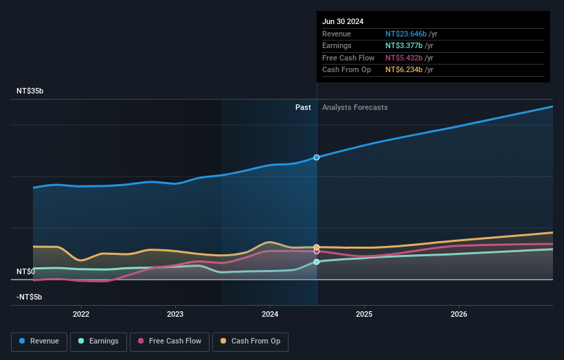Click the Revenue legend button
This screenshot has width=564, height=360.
(39, 341)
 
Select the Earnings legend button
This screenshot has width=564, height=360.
(98, 341)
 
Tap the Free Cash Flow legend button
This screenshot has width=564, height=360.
(170, 341)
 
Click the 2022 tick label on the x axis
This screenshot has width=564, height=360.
(81, 314)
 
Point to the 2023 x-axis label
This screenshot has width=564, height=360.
(175, 314)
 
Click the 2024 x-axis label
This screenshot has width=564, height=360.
(270, 314)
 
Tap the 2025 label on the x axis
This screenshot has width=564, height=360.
(364, 314)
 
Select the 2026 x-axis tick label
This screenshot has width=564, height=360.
(459, 314)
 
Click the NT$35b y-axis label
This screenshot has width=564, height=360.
(30, 91)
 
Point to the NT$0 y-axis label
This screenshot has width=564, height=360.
(25, 271)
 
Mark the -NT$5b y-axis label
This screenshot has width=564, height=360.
(29, 297)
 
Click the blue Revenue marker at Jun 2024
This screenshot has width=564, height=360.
(317, 157)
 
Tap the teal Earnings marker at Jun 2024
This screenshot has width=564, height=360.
(317, 262)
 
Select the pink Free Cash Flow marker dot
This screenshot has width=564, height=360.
(317, 251)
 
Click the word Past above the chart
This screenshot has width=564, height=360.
(303, 107)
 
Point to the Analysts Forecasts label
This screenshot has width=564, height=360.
(354, 107)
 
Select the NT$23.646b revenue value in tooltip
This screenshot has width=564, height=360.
(405, 34)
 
